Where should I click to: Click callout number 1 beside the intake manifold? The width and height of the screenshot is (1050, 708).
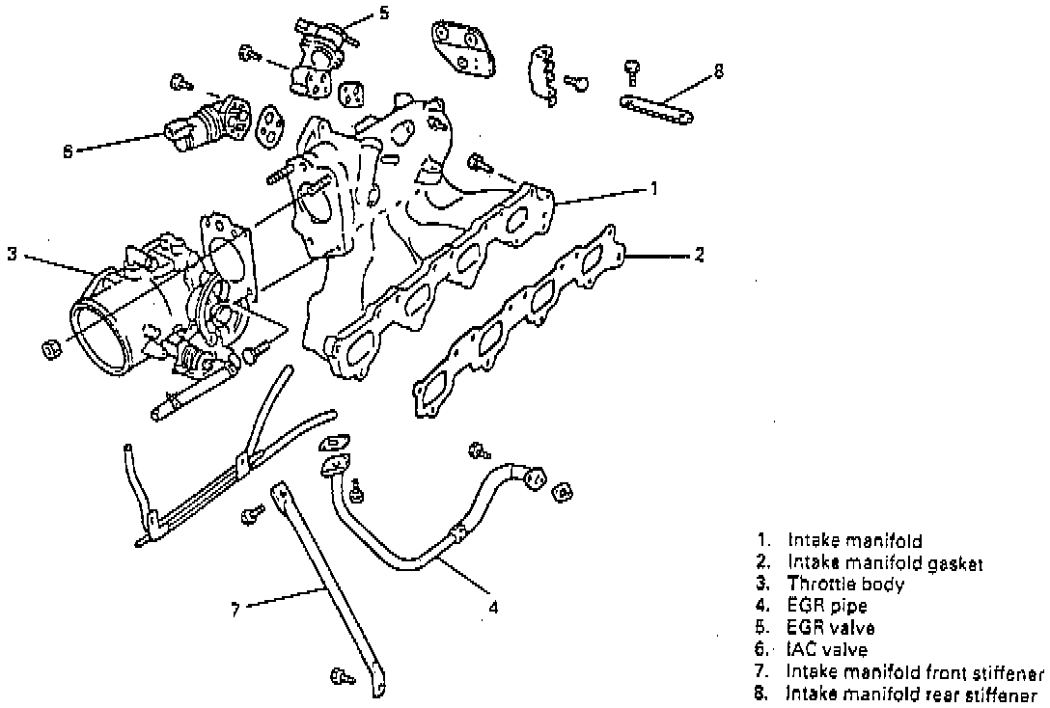pos(654,189)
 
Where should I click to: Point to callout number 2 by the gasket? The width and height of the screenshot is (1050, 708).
pos(700,255)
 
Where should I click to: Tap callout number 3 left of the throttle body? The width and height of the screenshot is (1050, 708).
pos(12,255)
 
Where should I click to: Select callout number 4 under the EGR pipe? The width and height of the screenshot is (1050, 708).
pos(493,609)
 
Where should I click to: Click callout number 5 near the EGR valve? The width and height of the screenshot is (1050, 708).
pos(384,13)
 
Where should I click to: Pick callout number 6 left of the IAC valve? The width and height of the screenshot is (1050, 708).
pos(68,151)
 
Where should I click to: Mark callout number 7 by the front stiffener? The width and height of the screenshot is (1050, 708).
pos(235,610)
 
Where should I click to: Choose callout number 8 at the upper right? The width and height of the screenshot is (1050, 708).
pos(719,71)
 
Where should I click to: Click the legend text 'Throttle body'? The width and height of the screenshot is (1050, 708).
pos(845,584)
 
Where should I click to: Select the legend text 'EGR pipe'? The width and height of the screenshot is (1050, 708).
pos(828,606)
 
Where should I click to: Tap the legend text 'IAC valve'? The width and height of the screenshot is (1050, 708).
pos(828,649)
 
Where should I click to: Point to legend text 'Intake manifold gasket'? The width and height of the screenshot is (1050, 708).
pos(885,562)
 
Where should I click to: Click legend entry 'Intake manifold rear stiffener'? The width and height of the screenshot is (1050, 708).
pos(913,694)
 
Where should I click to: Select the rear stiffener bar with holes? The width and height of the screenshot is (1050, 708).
pos(656,110)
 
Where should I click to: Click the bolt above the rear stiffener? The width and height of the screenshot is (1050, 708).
pos(632,71)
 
